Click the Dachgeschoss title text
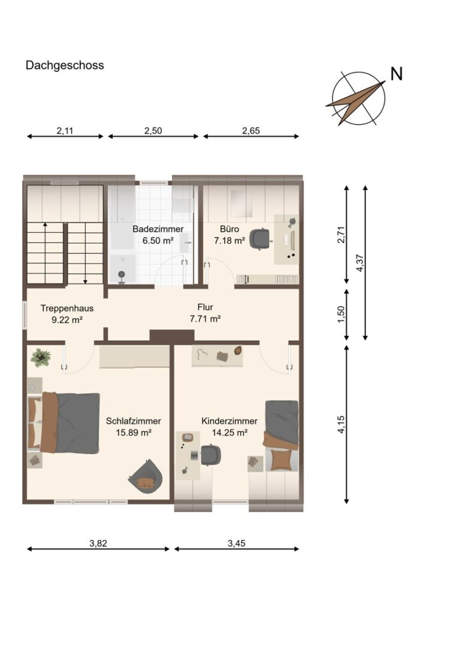click(65, 65)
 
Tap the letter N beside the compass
click(397, 74)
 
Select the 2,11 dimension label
click(65, 131)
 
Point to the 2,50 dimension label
click(153, 131)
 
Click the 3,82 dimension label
click(98, 543)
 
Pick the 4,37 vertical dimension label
click(359, 263)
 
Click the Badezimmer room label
click(158, 229)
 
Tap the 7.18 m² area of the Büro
click(230, 241)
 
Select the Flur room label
click(205, 307)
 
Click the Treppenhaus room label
click(67, 308)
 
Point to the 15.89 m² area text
click(133, 433)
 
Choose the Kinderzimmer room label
click(229, 421)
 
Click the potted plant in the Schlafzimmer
click(40, 358)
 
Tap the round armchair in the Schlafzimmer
click(145, 476)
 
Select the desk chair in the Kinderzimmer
click(210, 455)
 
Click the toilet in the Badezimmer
click(122, 277)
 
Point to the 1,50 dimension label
click(341, 315)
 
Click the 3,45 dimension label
click(237, 543)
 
